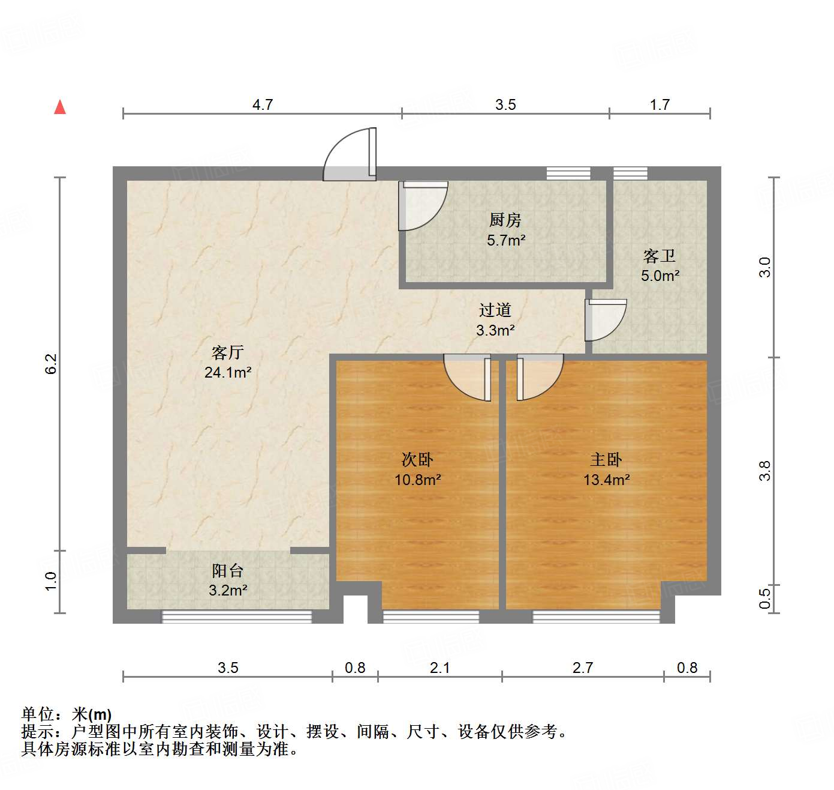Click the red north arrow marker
click(x=60, y=107)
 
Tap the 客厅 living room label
click(x=228, y=352)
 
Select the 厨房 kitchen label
click(x=505, y=220)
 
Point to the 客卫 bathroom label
click(x=660, y=256)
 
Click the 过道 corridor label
click(x=495, y=310)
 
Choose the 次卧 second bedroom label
click(x=417, y=460)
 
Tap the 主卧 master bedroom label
click(x=606, y=460)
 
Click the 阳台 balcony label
click(x=228, y=570)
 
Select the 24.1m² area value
click(x=228, y=373)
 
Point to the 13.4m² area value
click(x=606, y=480)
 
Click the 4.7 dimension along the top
click(x=263, y=105)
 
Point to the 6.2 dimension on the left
click(x=52, y=364)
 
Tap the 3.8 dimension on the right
click(x=764, y=471)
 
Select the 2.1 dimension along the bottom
click(x=439, y=668)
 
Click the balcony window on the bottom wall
click(x=237, y=617)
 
